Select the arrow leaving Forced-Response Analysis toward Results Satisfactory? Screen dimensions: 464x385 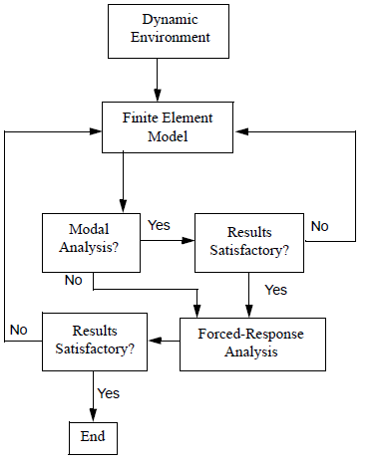164,341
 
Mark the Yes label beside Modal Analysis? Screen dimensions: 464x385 159,225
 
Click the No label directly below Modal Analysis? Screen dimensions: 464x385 73,281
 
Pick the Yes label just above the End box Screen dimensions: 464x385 110,393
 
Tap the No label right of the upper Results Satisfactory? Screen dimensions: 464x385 319,227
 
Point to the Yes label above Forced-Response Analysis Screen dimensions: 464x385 275,290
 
